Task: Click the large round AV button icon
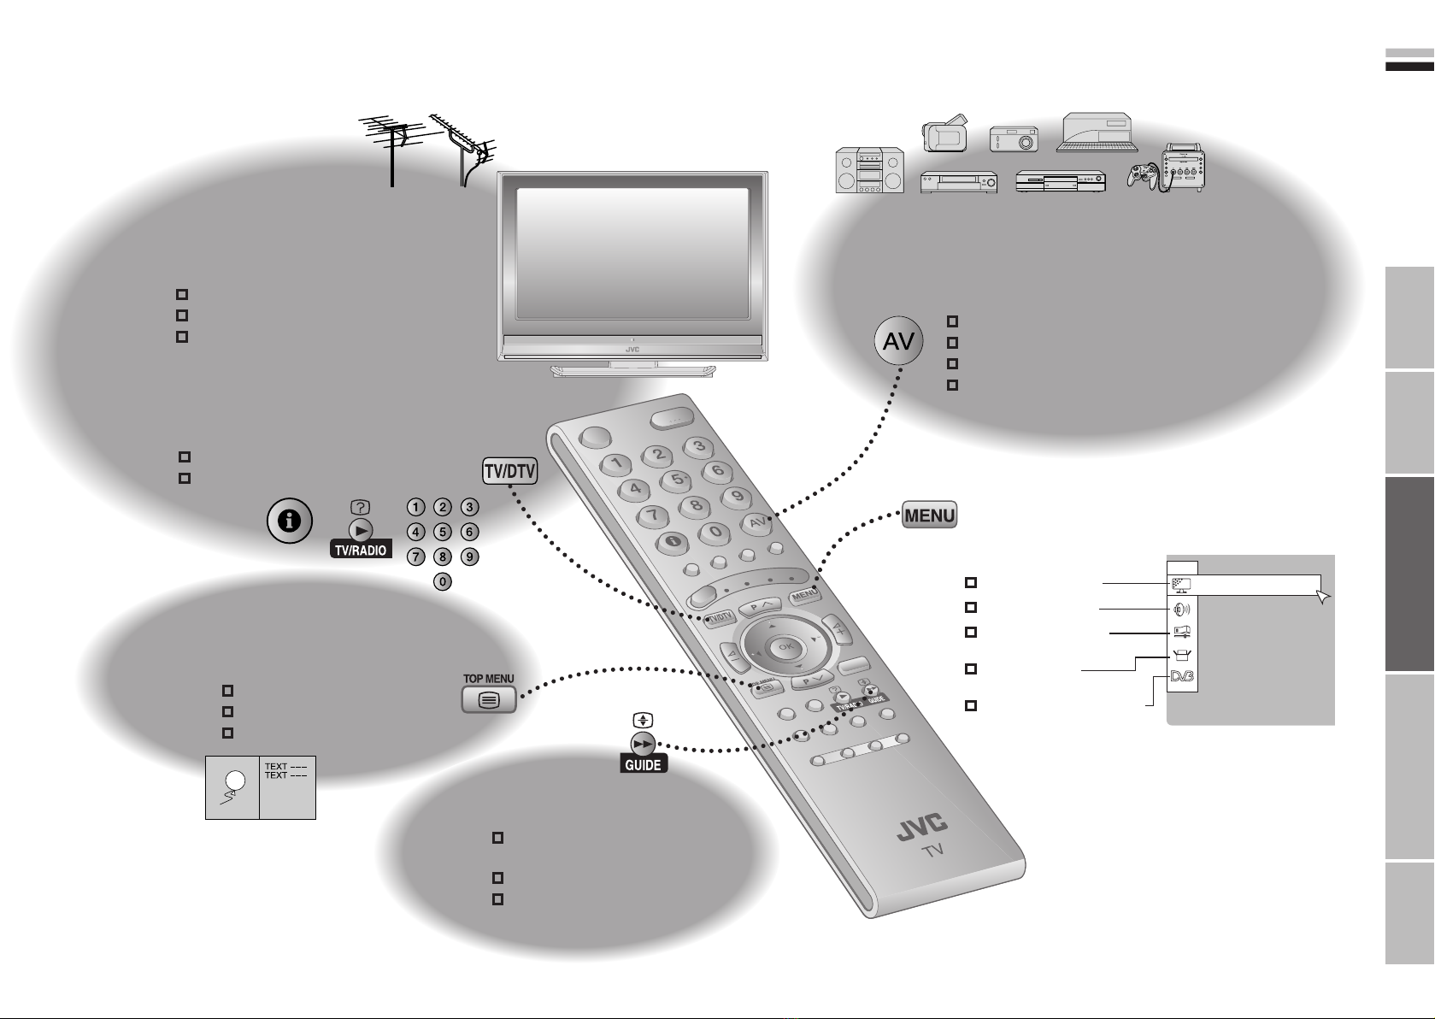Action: (898, 343)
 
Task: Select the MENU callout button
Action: (930, 515)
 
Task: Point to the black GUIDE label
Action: (643, 765)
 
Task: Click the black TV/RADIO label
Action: (360, 551)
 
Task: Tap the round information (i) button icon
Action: (290, 521)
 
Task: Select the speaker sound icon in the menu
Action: (1183, 610)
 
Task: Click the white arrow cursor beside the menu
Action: (1325, 597)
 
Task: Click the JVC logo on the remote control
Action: (921, 828)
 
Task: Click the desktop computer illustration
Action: (1097, 132)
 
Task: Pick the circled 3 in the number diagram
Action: (469, 507)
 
